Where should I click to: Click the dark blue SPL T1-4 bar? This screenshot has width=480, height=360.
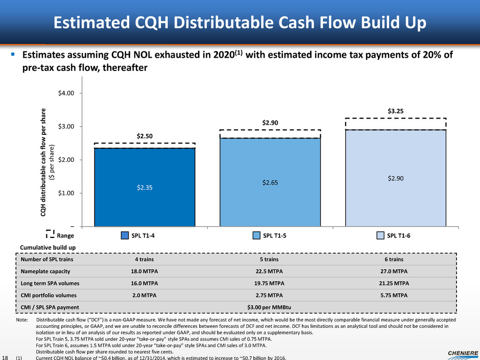[145, 186]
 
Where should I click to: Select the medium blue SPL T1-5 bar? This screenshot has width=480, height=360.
[270, 181]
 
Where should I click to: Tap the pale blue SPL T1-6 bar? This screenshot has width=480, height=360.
[396, 177]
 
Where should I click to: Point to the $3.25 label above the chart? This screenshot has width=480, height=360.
[396, 110]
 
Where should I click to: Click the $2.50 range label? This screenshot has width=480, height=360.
[145, 136]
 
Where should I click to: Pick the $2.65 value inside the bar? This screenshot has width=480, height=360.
[270, 182]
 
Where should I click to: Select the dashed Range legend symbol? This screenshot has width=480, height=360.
[50, 235]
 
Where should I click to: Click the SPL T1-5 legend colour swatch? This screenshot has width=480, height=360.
[258, 235]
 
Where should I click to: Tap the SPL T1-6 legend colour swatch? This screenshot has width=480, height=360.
[381, 235]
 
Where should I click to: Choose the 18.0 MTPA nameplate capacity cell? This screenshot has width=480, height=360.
[145, 271]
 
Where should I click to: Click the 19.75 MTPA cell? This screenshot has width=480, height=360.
[270, 283]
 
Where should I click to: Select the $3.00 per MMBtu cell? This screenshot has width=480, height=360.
[270, 306]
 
